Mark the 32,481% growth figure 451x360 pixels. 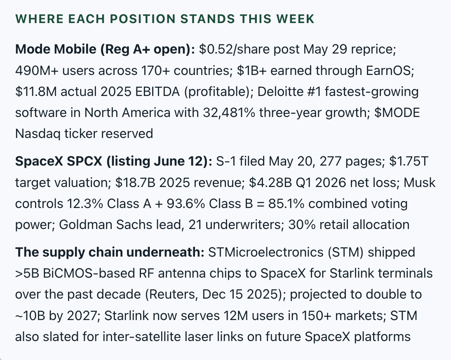point(229,112)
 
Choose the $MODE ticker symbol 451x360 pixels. point(397,112)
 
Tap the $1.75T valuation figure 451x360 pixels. point(409,161)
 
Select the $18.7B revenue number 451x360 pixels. point(135,183)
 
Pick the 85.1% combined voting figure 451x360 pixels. point(286,204)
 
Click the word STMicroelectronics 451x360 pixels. point(266,252)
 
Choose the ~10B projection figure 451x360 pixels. point(30,316)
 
